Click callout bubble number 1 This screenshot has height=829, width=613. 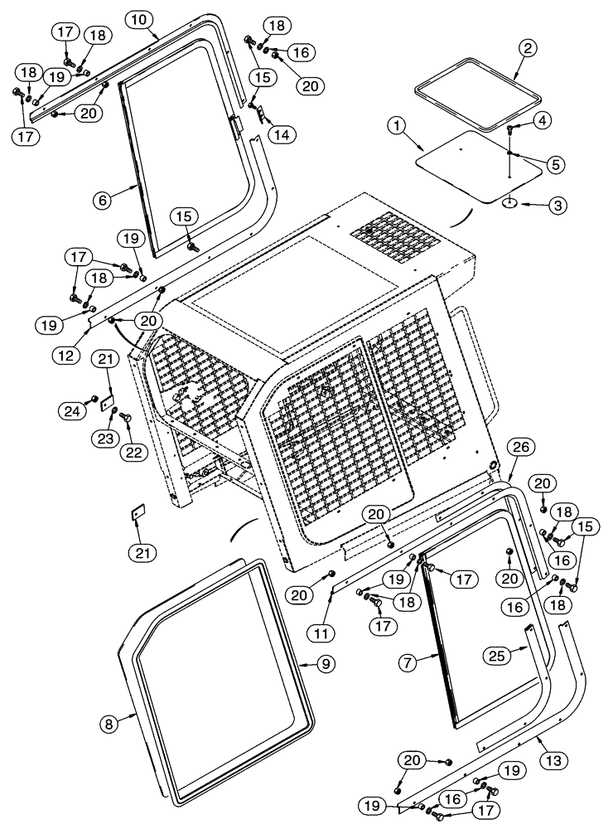click(398, 126)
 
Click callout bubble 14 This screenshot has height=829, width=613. click(284, 133)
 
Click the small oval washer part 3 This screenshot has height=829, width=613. click(509, 201)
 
